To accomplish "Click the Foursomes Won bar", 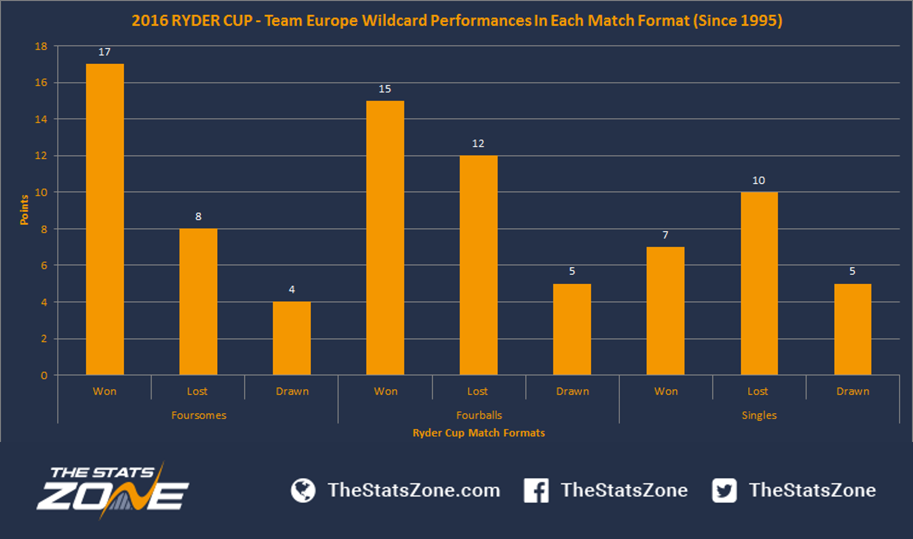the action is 105,219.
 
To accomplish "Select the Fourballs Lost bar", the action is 478,265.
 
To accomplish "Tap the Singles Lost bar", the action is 759,283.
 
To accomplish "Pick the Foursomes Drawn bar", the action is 292,338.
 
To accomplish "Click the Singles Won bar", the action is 665,311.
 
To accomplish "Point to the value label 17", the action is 104,52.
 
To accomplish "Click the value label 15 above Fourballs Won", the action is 385,89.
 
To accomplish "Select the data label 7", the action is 665,235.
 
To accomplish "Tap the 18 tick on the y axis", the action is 41,46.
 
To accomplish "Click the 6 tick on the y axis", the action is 44,266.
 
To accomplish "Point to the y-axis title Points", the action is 24,210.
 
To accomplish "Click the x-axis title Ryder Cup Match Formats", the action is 478,433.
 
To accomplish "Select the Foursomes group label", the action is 198,415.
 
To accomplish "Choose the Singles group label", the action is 759,415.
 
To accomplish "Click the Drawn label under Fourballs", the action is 573,392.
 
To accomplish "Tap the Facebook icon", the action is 536,490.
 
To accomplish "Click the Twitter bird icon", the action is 724,490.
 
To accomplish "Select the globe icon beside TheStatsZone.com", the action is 303,490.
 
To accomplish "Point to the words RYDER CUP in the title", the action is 212,21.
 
